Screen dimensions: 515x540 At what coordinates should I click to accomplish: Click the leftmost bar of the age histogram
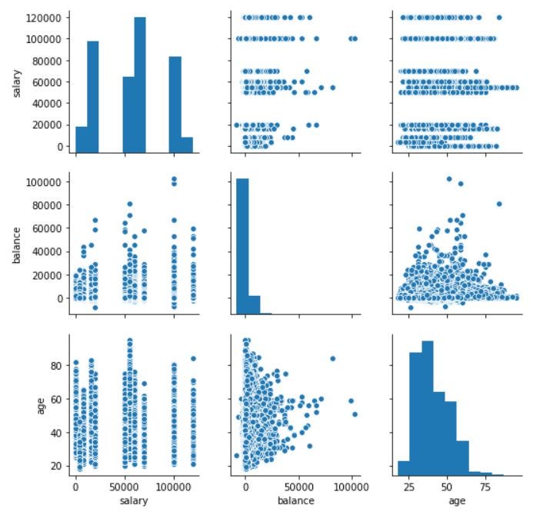pos(402,468)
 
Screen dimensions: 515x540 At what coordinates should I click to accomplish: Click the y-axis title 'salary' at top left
pos(16,83)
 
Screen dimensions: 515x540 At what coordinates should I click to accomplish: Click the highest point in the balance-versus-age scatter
pos(448,178)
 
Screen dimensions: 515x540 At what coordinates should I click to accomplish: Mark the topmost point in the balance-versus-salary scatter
pos(174,178)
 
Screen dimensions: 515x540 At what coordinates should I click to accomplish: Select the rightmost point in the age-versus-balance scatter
pos(355,414)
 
